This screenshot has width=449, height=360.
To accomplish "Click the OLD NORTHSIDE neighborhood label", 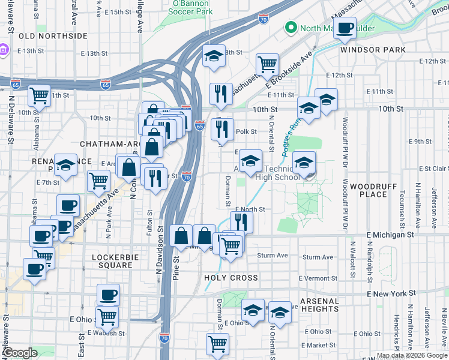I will click(53, 36).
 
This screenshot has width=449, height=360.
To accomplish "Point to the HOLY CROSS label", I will click(231, 278).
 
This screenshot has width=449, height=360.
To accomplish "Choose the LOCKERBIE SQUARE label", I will click(103, 260).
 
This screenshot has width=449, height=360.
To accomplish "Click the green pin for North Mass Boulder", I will click(291, 28).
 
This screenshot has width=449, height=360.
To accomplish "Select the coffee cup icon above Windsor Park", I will click(345, 28).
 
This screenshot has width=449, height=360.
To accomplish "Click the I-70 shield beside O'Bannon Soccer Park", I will click(264, 20).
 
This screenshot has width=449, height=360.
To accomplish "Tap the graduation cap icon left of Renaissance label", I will click(65, 166).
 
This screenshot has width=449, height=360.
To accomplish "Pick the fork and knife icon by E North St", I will click(241, 221).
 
